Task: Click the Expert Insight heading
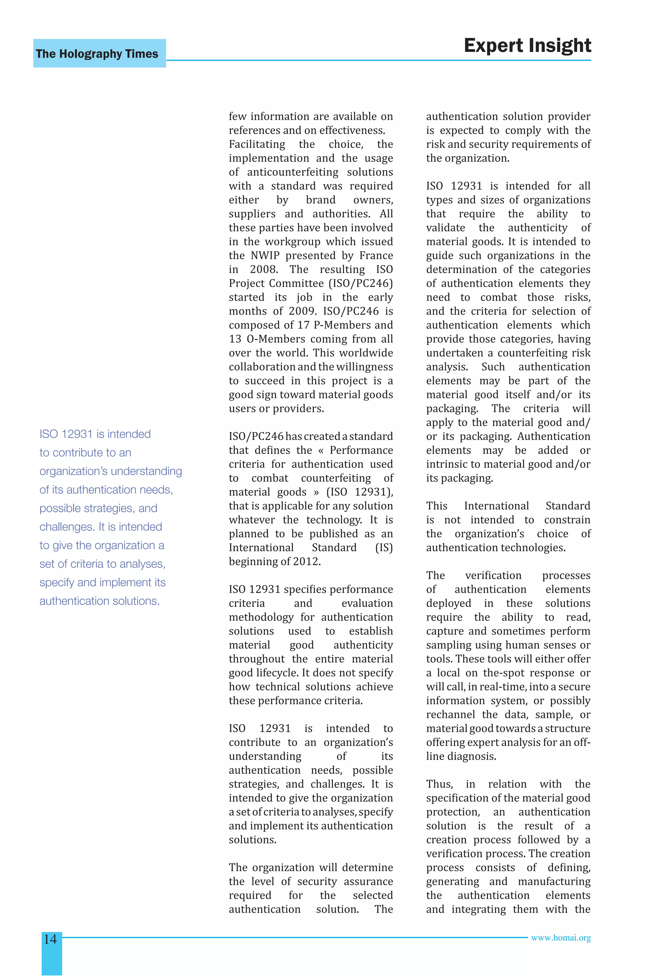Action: click(527, 45)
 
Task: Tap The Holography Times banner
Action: click(97, 54)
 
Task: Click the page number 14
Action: click(50, 939)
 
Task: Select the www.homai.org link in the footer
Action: click(561, 938)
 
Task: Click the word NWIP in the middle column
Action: click(265, 256)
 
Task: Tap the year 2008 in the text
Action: click(264, 270)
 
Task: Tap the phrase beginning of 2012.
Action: click(275, 561)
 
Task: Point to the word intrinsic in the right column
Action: click(445, 464)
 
